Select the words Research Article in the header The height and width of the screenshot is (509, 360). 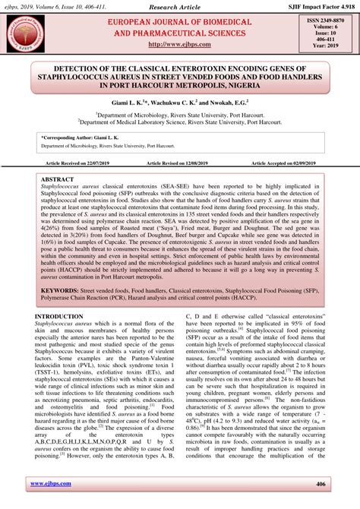pos(179,6)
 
